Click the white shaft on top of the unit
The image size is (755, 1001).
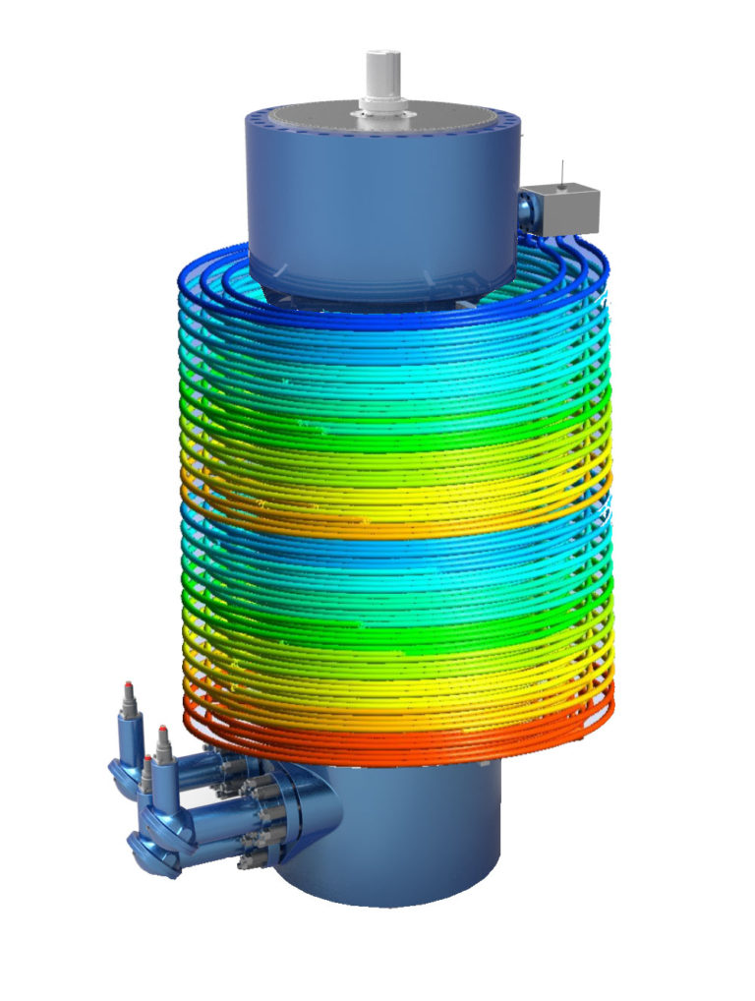(x=380, y=71)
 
